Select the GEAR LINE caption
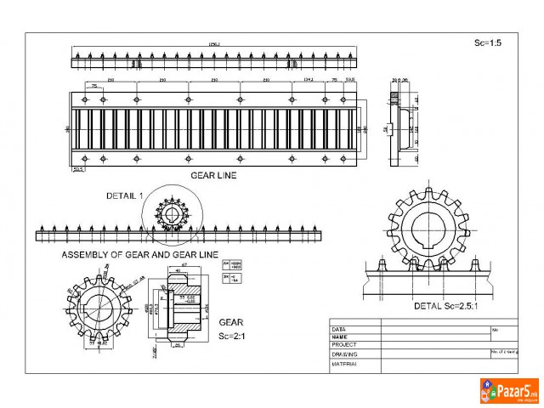[213, 176]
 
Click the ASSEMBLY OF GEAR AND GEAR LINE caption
[139, 254]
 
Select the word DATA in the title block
[338, 328]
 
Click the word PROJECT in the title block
[343, 345]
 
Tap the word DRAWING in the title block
[344, 354]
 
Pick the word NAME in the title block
[339, 337]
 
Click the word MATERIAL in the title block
[344, 363]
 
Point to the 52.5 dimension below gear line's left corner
[79, 169]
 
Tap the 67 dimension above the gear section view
[183, 266]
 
